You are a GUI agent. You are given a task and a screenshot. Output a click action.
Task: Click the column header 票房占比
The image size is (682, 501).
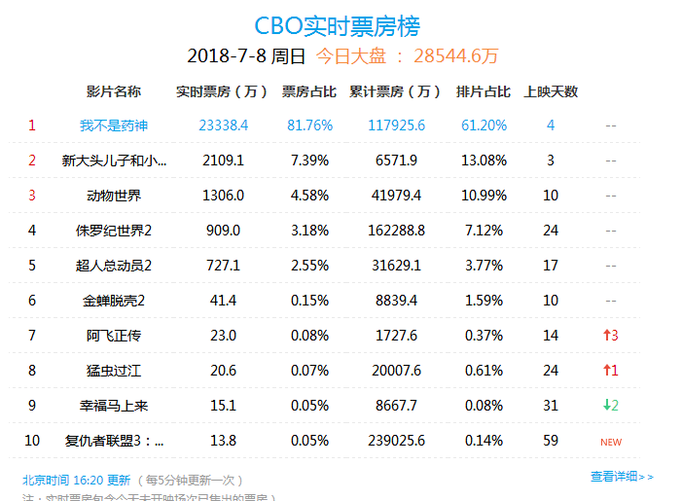[x=309, y=92]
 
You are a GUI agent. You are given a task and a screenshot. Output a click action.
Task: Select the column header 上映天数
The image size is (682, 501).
[x=551, y=92]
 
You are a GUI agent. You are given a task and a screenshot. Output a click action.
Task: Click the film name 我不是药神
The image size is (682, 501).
[x=114, y=125]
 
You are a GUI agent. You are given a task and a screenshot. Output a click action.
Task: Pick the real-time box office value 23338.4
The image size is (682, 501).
[x=223, y=125]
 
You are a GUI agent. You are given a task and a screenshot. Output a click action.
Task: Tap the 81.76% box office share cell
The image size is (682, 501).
[x=309, y=125]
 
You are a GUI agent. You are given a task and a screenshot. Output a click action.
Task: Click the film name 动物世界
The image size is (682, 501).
[x=114, y=196]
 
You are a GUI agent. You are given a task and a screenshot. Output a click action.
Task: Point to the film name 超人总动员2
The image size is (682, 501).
[x=114, y=266]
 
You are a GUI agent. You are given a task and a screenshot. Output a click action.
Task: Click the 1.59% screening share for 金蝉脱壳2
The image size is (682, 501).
[x=484, y=301]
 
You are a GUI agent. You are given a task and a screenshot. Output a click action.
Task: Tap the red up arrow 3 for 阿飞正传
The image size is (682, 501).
[x=610, y=336]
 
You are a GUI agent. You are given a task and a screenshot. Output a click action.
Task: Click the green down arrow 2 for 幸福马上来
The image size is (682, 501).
[x=610, y=406]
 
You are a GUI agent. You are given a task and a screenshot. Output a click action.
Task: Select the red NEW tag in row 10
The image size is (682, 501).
[x=610, y=442]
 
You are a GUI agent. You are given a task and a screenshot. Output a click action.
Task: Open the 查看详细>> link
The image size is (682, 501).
[x=622, y=477]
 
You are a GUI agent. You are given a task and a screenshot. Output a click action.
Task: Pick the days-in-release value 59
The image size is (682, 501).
[x=551, y=441]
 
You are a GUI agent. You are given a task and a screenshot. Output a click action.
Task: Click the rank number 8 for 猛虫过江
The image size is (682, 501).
[x=32, y=371]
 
